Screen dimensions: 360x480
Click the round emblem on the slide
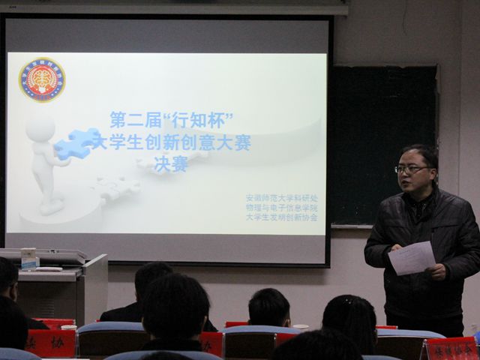coord(42,79)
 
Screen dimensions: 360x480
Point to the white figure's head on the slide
coord(40,127)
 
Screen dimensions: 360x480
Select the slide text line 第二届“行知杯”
coord(172,120)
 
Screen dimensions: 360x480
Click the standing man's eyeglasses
coord(412,169)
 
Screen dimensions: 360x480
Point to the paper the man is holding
coord(411,258)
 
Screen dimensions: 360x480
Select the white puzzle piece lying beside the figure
coord(117,187)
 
